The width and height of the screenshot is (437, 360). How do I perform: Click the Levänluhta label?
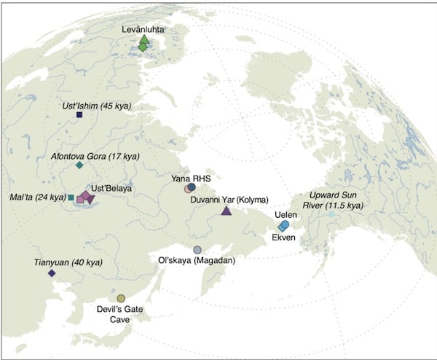coord(143,28)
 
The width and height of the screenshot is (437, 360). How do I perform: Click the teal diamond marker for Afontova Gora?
coord(79,165)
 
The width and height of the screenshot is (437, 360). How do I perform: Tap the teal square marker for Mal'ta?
coord(70,197)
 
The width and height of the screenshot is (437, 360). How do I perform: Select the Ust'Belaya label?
coord(111,188)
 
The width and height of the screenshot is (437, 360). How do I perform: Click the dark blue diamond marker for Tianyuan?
coord(52,273)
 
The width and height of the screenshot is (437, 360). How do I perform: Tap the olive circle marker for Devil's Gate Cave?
coord(121,298)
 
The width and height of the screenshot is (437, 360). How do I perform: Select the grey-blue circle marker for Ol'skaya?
coord(197,250)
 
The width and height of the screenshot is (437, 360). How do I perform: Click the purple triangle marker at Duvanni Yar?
coord(226,211)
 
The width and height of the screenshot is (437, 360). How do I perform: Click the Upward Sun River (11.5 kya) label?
coord(332,201)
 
